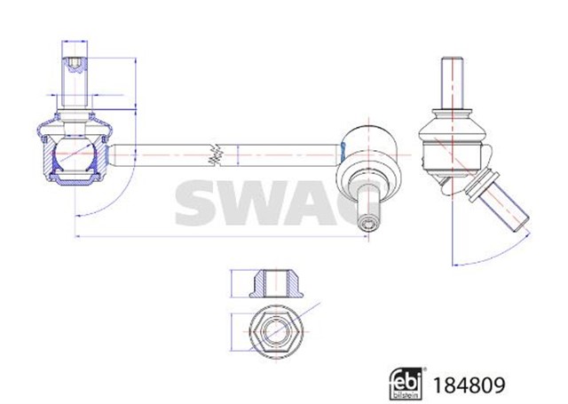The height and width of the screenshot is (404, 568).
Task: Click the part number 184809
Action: click(x=470, y=384)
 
